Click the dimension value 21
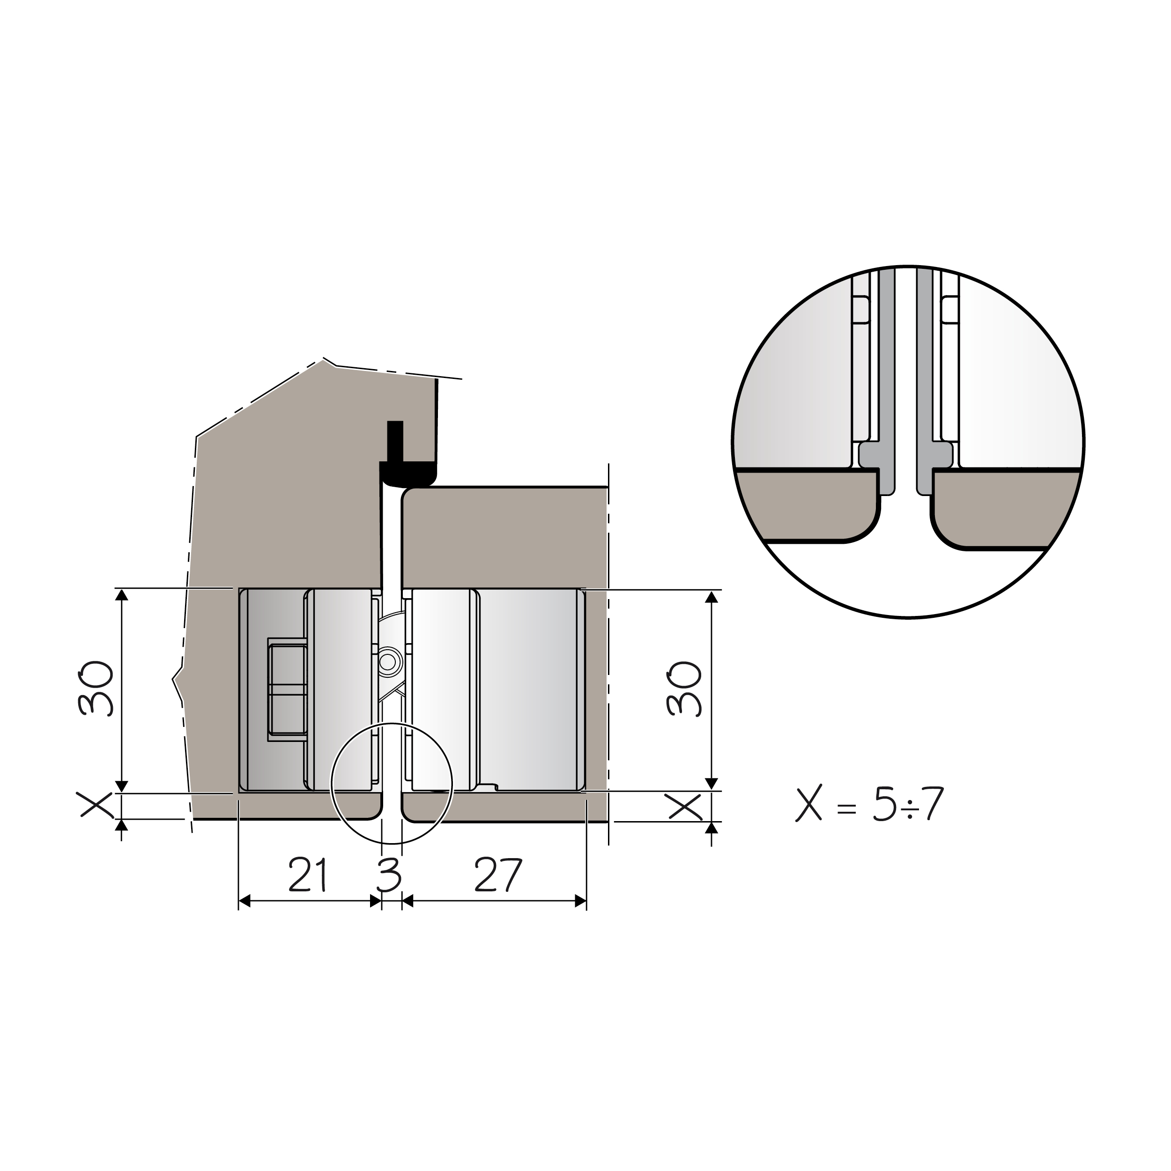(308, 875)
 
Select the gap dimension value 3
(389, 875)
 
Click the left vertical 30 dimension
(95, 688)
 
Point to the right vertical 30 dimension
(684, 688)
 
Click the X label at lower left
(95, 805)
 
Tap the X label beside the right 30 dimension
(685, 806)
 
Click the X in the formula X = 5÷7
(808, 803)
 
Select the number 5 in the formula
(884, 804)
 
